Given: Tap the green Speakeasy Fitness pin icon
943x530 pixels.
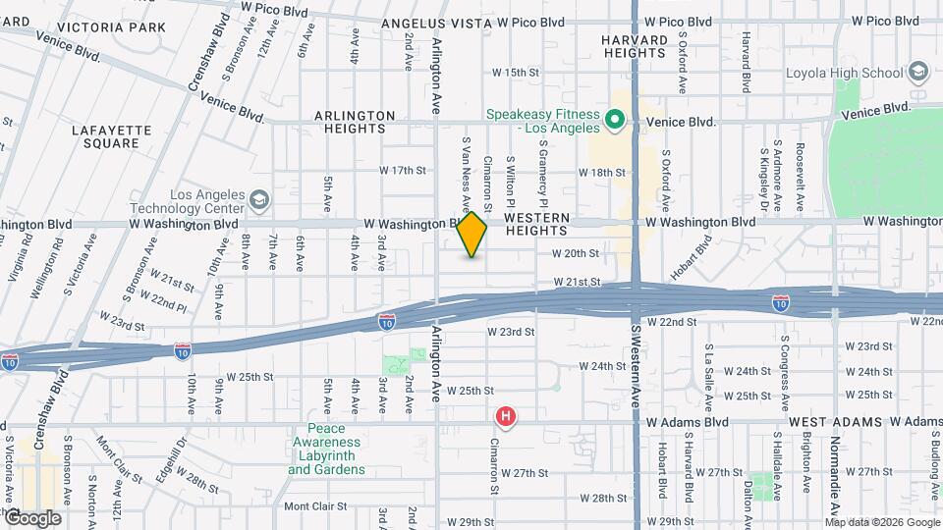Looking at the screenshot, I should click(x=615, y=121).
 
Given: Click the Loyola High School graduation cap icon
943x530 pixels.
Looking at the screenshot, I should click(x=918, y=72).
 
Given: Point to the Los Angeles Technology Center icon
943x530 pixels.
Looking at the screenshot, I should click(x=258, y=201).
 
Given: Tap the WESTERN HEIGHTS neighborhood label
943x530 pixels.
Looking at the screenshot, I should click(x=535, y=224).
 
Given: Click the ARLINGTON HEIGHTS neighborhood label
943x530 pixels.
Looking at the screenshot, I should click(x=355, y=122).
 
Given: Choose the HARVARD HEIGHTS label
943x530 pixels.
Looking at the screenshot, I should click(x=635, y=46).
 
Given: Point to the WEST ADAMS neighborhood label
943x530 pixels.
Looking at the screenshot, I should click(x=831, y=421).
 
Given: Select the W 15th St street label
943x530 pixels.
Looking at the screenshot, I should click(x=516, y=73).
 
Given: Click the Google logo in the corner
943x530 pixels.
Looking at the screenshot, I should click(x=33, y=517).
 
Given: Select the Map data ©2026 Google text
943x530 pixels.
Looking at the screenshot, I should click(x=883, y=521).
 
